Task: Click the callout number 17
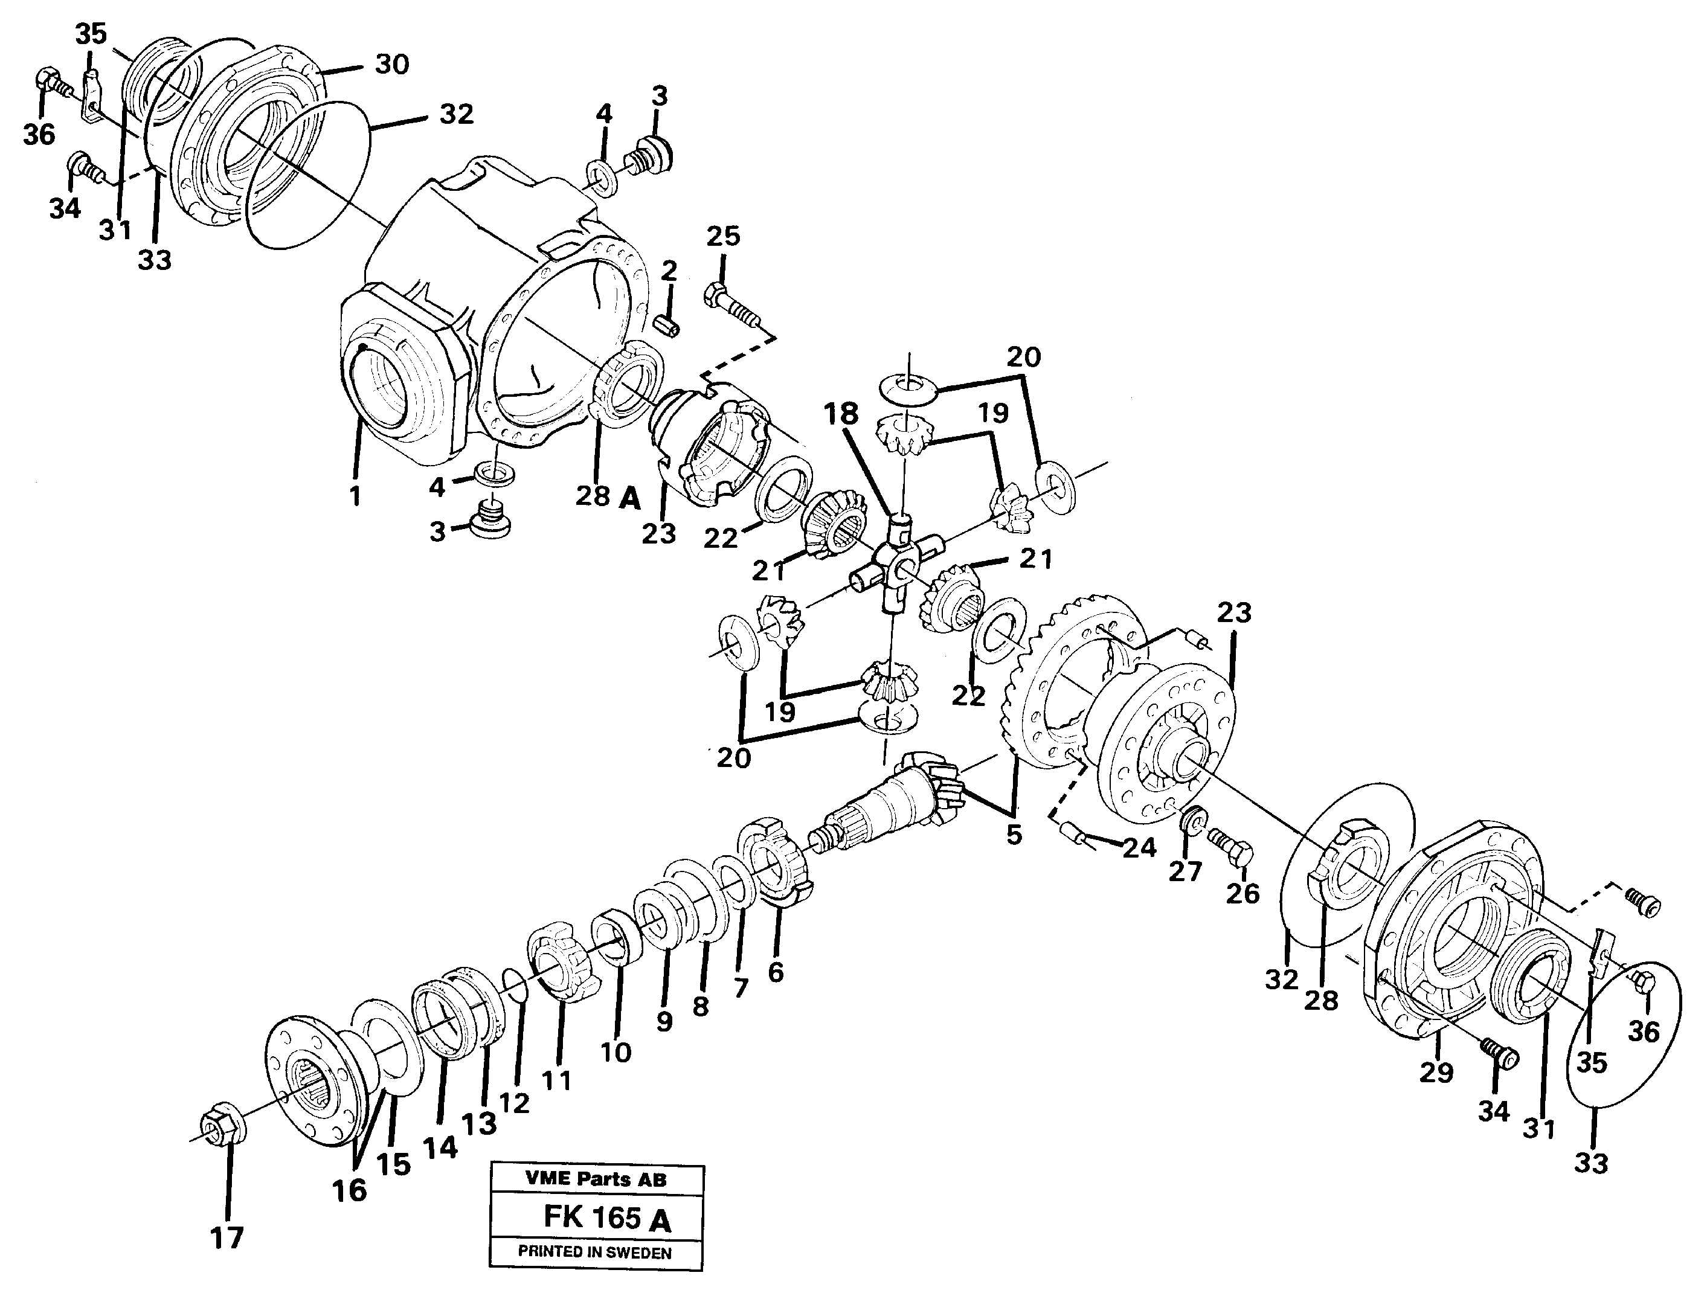227,1238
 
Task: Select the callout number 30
391,65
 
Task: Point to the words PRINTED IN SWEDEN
595,1253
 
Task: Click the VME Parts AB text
595,1179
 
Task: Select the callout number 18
840,414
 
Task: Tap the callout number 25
722,236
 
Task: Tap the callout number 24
1139,848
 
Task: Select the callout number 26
1242,893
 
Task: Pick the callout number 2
668,270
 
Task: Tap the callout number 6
776,972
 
